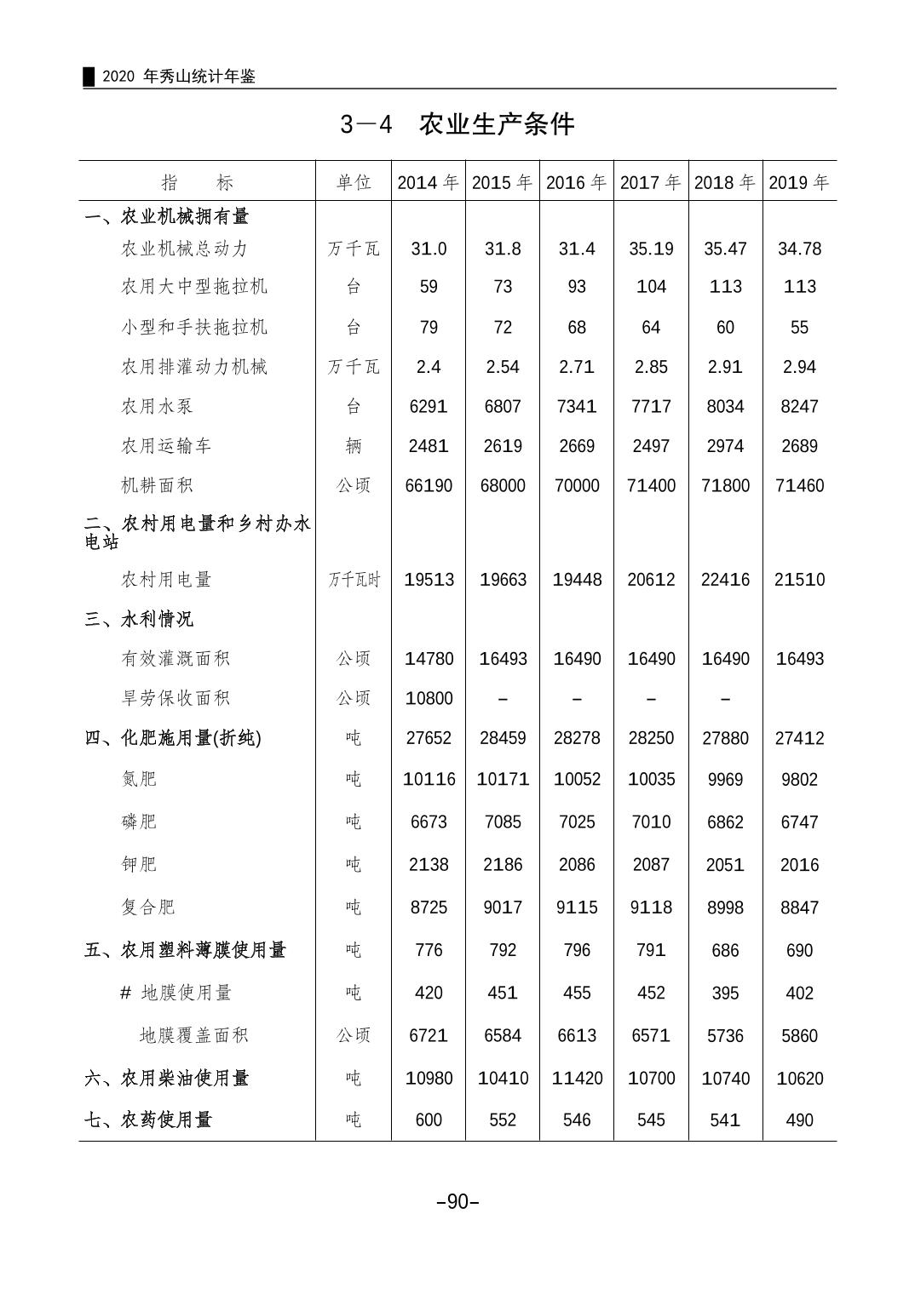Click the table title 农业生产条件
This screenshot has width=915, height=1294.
click(x=496, y=124)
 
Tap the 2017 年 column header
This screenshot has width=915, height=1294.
click(x=650, y=182)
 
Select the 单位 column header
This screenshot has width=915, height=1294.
click(x=354, y=182)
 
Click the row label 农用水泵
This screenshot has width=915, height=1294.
click(x=158, y=406)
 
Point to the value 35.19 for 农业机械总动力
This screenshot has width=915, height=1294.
click(x=651, y=249)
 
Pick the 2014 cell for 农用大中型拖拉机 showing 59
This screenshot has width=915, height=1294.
click(x=429, y=287)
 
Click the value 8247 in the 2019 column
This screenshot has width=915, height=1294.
click(x=799, y=406)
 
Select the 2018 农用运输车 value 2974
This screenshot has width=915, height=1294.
click(x=725, y=446)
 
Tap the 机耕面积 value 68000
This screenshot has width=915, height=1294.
click(x=503, y=486)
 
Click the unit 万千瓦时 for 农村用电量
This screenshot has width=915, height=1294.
click(x=354, y=580)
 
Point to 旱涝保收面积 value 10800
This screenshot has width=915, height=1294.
click(x=429, y=699)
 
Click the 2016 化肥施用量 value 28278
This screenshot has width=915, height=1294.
click(x=577, y=738)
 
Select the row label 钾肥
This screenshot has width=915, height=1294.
click(x=139, y=865)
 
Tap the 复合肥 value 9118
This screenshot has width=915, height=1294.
click(x=651, y=908)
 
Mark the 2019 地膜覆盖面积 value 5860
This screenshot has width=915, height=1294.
click(x=799, y=1036)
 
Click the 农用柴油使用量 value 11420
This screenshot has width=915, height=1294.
click(x=577, y=1079)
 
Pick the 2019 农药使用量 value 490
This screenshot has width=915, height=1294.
click(x=799, y=1120)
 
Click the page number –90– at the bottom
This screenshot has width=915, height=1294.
click(x=457, y=1202)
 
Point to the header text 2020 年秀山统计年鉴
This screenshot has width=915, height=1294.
click(x=178, y=77)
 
